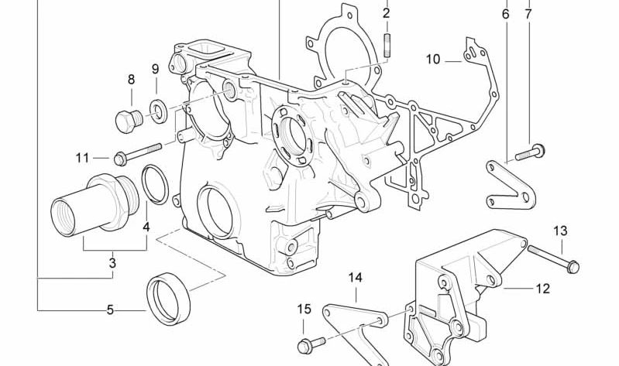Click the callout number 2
(x=386, y=13)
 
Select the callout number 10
(x=432, y=59)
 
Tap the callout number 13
(x=560, y=231)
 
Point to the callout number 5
(x=110, y=310)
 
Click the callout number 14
(x=355, y=277)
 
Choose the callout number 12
(x=542, y=289)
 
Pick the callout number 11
(x=83, y=158)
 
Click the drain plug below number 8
(x=126, y=120)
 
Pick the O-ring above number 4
(x=156, y=185)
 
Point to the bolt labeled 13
(x=552, y=258)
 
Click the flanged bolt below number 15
(x=304, y=343)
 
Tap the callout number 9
(x=155, y=70)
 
